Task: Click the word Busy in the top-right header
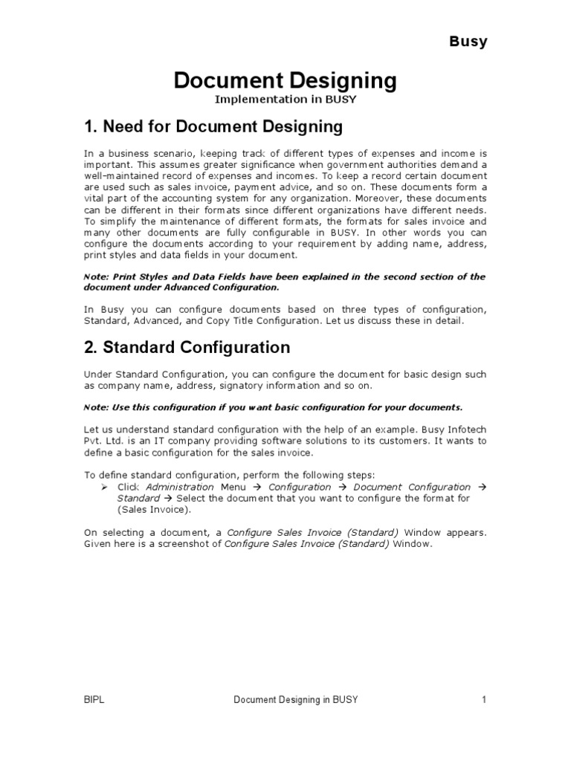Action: pos(468,42)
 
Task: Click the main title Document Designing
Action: pos(285,81)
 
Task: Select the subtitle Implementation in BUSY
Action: pos(285,99)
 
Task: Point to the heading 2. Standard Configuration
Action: pos(187,347)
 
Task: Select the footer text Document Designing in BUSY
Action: pos(295,700)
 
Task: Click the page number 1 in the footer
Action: pos(483,700)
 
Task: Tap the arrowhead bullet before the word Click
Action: pos(105,487)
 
